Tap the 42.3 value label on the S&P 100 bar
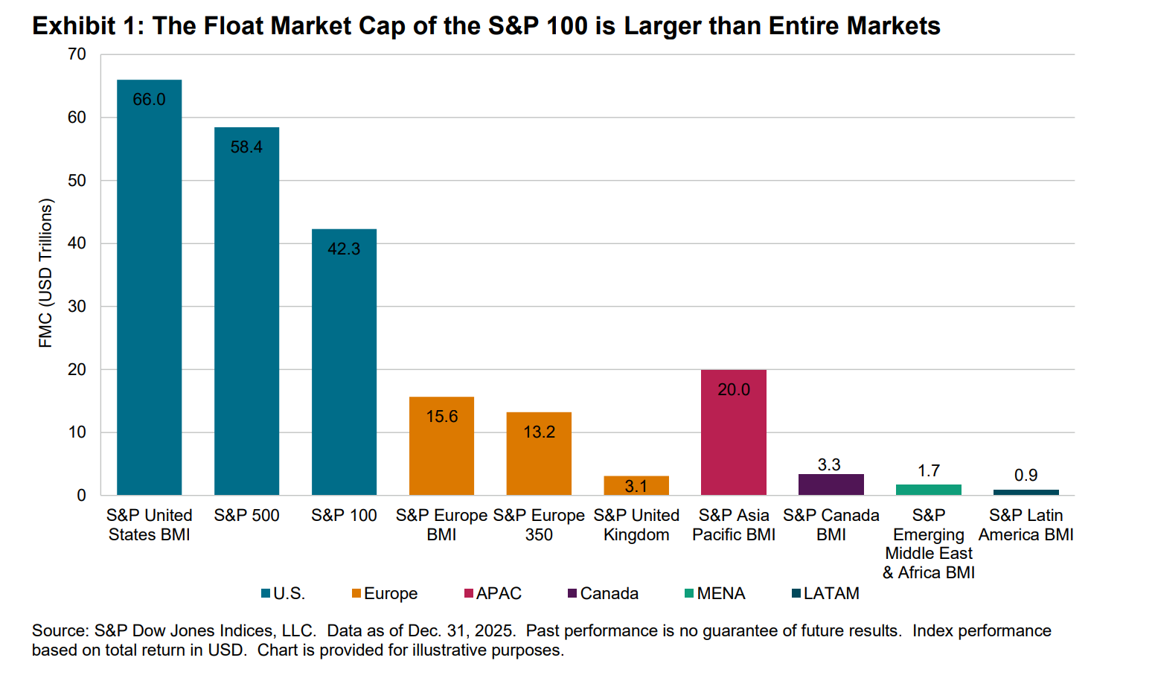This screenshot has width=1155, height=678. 344,249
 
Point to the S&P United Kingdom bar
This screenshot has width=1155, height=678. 636,486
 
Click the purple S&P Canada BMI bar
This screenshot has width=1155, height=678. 831,484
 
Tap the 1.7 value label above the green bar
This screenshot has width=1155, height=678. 929,470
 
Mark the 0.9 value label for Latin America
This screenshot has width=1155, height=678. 1026,475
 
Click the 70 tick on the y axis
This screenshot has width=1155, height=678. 77,54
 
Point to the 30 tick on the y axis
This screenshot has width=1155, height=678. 77,307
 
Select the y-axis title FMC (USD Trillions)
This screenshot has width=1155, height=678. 46,273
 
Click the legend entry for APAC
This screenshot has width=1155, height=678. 493,593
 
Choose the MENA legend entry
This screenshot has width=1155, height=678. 715,593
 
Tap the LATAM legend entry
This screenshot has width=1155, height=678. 826,593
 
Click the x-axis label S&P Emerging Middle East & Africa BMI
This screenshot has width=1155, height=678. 929,544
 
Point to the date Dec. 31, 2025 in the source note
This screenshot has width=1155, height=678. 461,630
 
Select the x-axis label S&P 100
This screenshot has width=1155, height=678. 344,515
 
